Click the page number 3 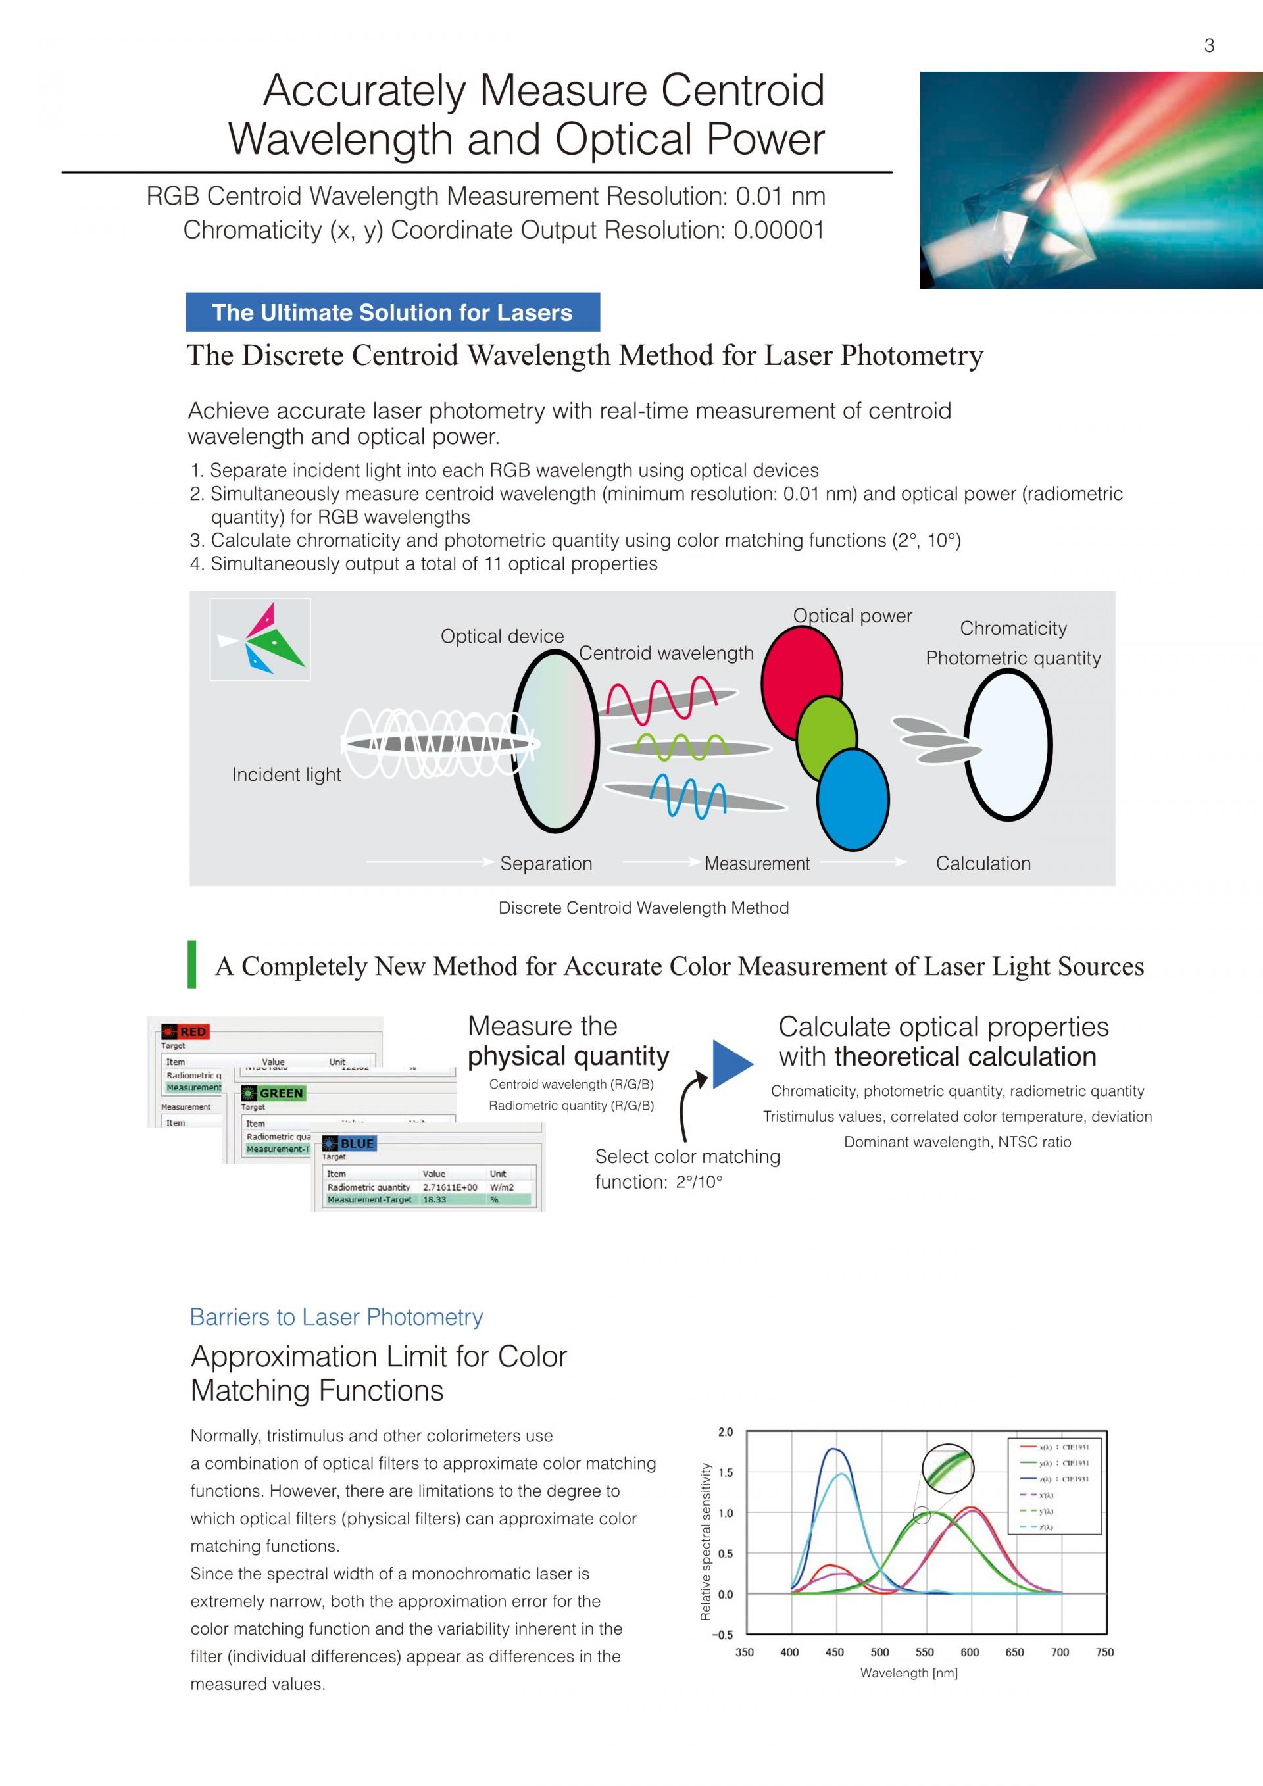pos(1208,46)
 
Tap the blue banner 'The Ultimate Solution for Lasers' pos(393,312)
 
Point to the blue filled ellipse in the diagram pos(853,801)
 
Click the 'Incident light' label pos(286,775)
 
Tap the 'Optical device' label pos(502,636)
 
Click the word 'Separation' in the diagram pos(546,864)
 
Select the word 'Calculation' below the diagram pos(983,864)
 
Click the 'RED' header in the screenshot pos(192,1032)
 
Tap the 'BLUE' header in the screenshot pos(356,1143)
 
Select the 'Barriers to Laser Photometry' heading pos(336,1317)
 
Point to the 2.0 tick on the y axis pos(725,1432)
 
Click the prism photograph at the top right pos(1091,180)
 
